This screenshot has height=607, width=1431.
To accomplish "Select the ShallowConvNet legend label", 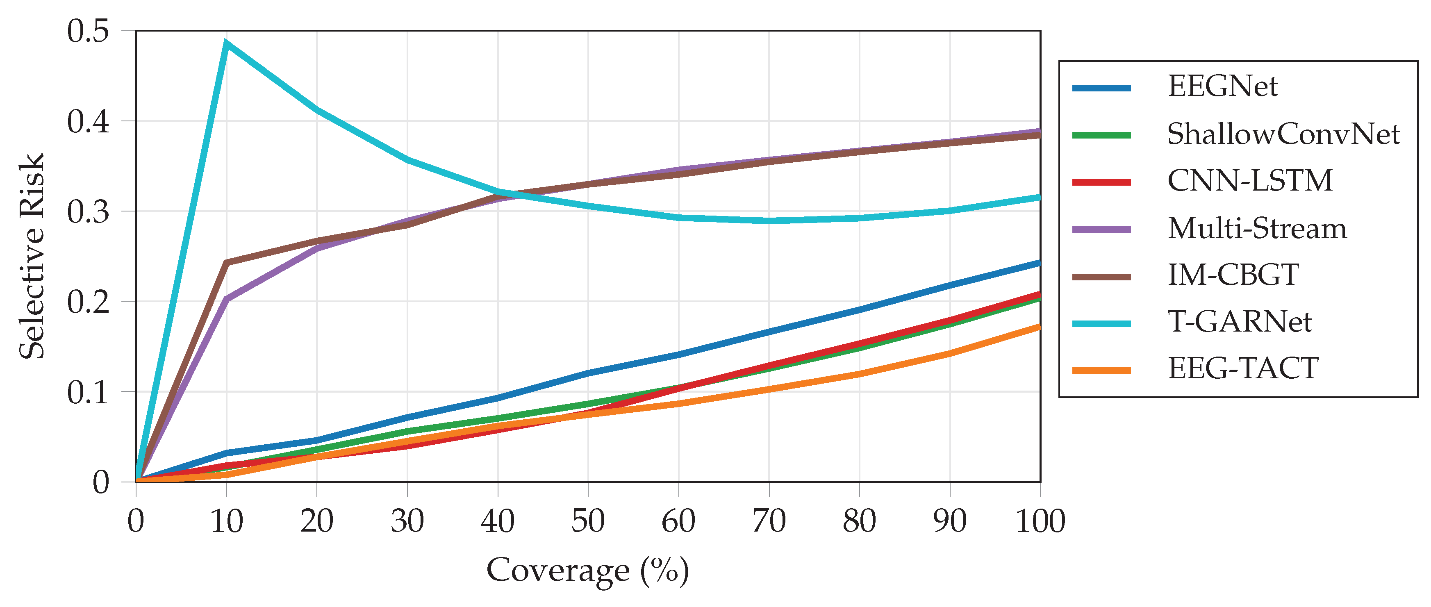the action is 1283,134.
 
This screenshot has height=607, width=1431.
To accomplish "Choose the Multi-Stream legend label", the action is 1257,228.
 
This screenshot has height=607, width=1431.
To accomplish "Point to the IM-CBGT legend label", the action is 1233,275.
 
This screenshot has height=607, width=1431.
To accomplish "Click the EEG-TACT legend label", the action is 1243,369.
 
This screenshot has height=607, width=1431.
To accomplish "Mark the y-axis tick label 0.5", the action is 88,31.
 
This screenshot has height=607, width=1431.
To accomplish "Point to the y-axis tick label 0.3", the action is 88,211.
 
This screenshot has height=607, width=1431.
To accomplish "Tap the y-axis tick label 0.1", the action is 88,392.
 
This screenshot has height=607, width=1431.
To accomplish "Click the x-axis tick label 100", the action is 1040,521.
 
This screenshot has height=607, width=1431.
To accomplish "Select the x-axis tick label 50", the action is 588,521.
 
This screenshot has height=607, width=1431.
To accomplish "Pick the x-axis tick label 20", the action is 316,521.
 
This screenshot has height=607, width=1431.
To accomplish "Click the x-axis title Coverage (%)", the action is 588,571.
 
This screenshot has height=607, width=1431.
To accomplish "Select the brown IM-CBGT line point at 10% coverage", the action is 226,262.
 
